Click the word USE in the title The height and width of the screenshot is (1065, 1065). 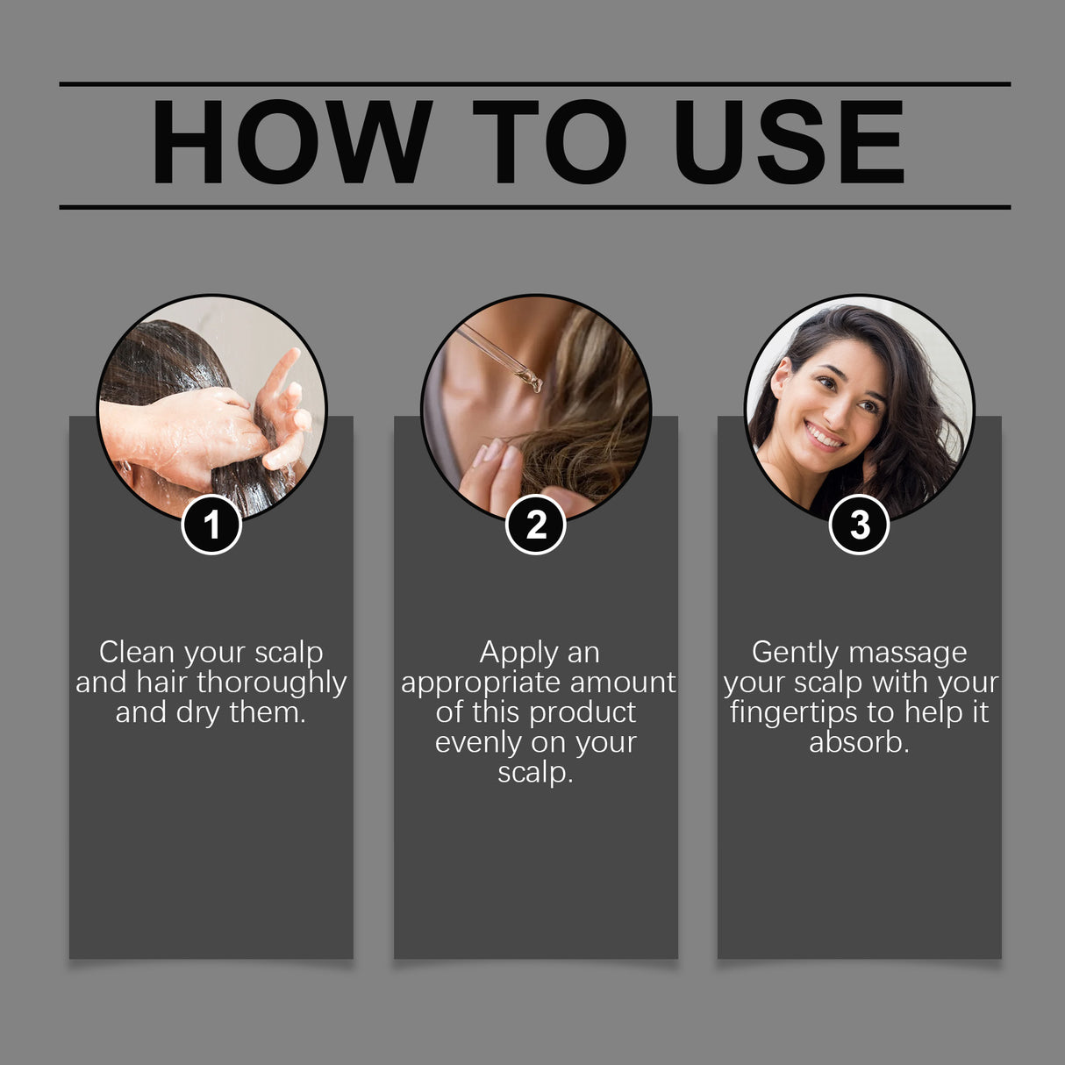coord(789,142)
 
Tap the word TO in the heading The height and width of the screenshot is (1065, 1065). coord(550,142)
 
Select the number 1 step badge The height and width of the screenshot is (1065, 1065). coord(211,525)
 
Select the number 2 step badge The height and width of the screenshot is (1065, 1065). coord(536,525)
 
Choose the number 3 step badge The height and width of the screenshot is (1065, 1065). coord(860,525)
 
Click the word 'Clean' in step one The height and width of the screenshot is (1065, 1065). coord(136,653)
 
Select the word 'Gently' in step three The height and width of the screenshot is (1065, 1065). coord(795,654)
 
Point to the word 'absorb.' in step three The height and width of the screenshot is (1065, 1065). coord(859,743)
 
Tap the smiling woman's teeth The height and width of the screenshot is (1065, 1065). coord(825,434)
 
